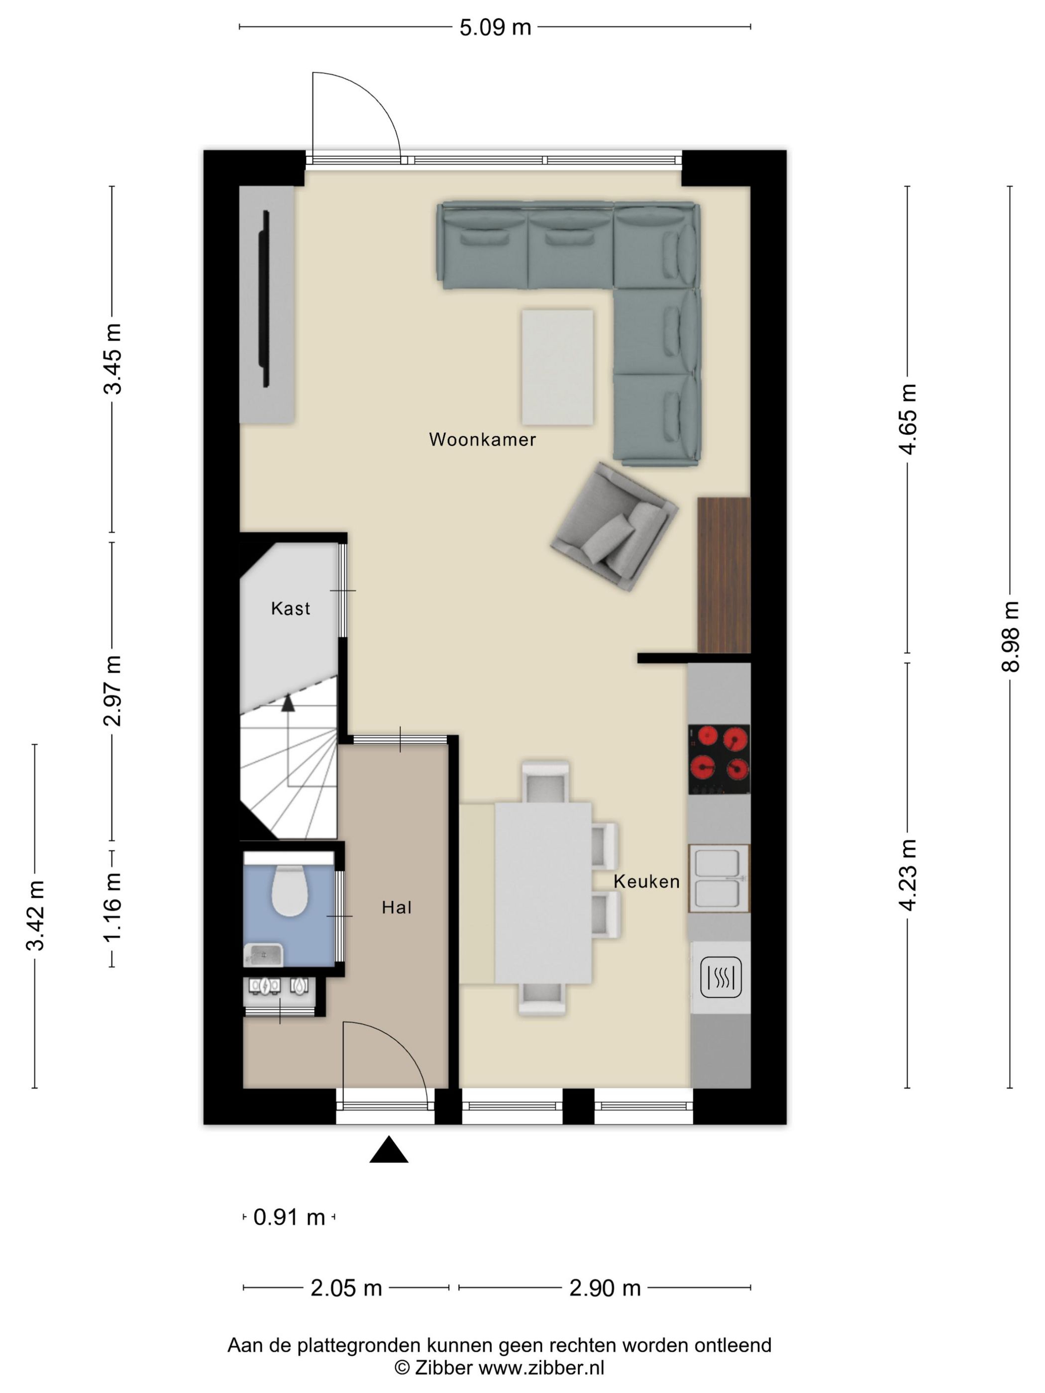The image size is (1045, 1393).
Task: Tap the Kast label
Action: tap(291, 608)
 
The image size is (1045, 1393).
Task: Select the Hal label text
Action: tap(396, 907)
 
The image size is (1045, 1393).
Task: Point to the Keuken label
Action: tap(646, 882)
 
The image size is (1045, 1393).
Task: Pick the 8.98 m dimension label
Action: tap(1010, 637)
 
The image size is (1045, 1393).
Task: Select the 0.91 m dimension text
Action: tap(289, 1217)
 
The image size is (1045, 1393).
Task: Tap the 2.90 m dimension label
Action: tap(605, 1288)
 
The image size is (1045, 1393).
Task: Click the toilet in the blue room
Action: tap(289, 890)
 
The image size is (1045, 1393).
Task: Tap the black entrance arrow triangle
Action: tap(389, 1149)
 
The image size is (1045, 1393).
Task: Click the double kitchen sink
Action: tap(719, 879)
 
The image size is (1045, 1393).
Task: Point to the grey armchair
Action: tap(614, 526)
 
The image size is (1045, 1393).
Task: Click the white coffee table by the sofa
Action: tap(557, 367)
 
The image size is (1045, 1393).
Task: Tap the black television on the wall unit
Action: tap(266, 299)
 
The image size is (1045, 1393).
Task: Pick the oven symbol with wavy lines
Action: tap(721, 978)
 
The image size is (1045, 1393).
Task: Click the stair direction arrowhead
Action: tap(288, 703)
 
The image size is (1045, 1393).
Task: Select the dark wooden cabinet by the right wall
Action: tap(724, 575)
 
